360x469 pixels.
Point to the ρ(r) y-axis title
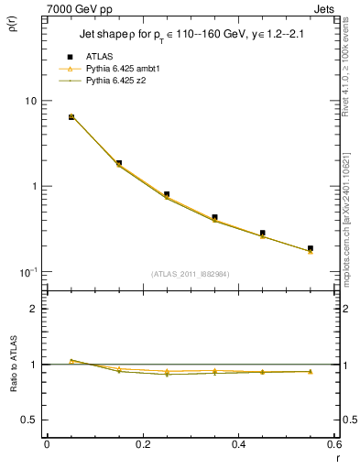12,34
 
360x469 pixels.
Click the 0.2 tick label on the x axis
142,444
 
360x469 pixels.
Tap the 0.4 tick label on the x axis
238,444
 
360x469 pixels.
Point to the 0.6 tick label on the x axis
333,444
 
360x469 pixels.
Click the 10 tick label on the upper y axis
30,101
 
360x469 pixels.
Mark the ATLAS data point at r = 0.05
71,116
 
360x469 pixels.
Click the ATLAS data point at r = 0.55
311,248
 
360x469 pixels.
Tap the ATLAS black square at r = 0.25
167,194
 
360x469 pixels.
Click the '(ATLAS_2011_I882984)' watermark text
191,273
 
